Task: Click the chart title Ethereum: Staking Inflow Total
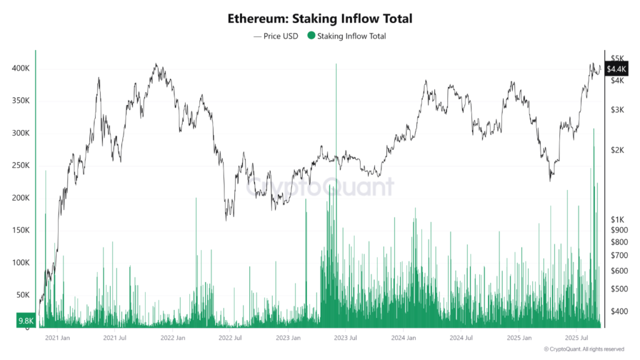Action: pos(320,19)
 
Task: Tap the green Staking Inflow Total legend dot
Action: pos(311,36)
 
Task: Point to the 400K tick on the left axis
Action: pos(19,68)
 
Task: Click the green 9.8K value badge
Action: pos(25,321)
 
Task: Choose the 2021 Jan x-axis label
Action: pos(57,337)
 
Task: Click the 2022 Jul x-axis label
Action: pos(229,337)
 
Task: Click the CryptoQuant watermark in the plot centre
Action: pos(320,186)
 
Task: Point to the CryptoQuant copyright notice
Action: pos(584,349)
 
